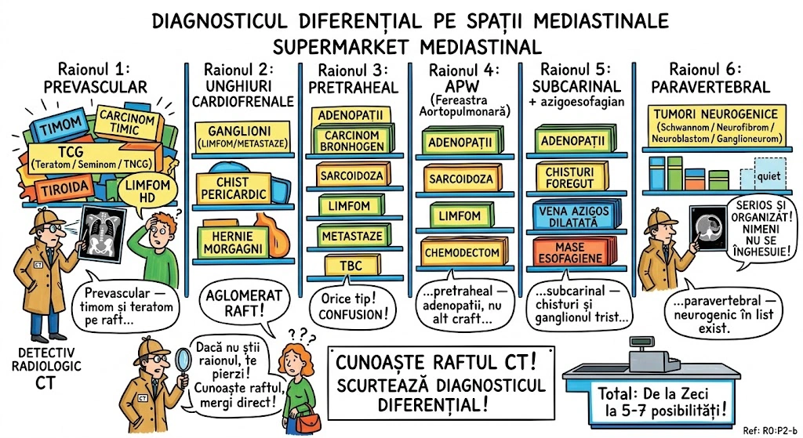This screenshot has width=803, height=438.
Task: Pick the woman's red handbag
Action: [x=310, y=421]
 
